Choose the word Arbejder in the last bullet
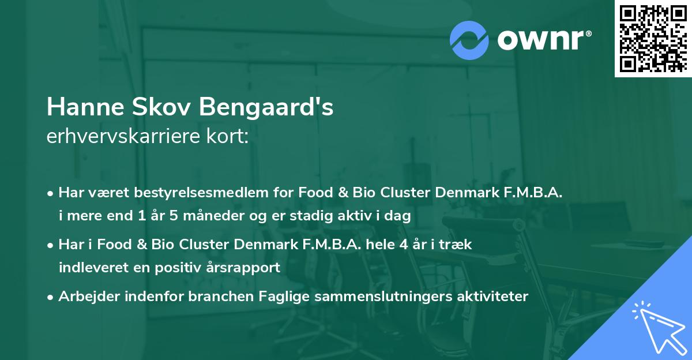pos(84,297)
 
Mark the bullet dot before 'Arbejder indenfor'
pos(51,297)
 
